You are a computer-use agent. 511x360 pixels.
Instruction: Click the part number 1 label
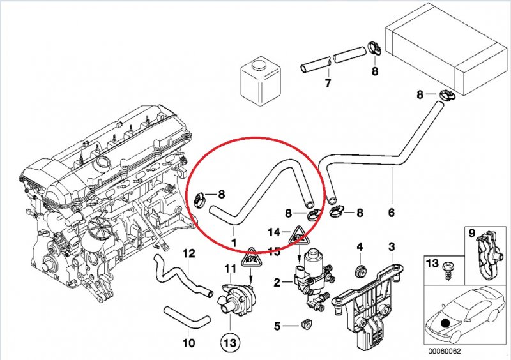click(234, 243)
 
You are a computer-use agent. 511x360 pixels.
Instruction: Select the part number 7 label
click(328, 84)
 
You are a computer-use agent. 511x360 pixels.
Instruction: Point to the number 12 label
click(188, 253)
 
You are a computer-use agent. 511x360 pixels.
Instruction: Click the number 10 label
click(188, 343)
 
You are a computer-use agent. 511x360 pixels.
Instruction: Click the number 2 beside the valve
click(277, 281)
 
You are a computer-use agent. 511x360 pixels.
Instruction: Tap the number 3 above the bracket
click(392, 246)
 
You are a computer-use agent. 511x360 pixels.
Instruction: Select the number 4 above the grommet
click(360, 246)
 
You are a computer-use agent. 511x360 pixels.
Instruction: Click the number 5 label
click(277, 326)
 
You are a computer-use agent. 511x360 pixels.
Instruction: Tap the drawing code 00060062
click(445, 350)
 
